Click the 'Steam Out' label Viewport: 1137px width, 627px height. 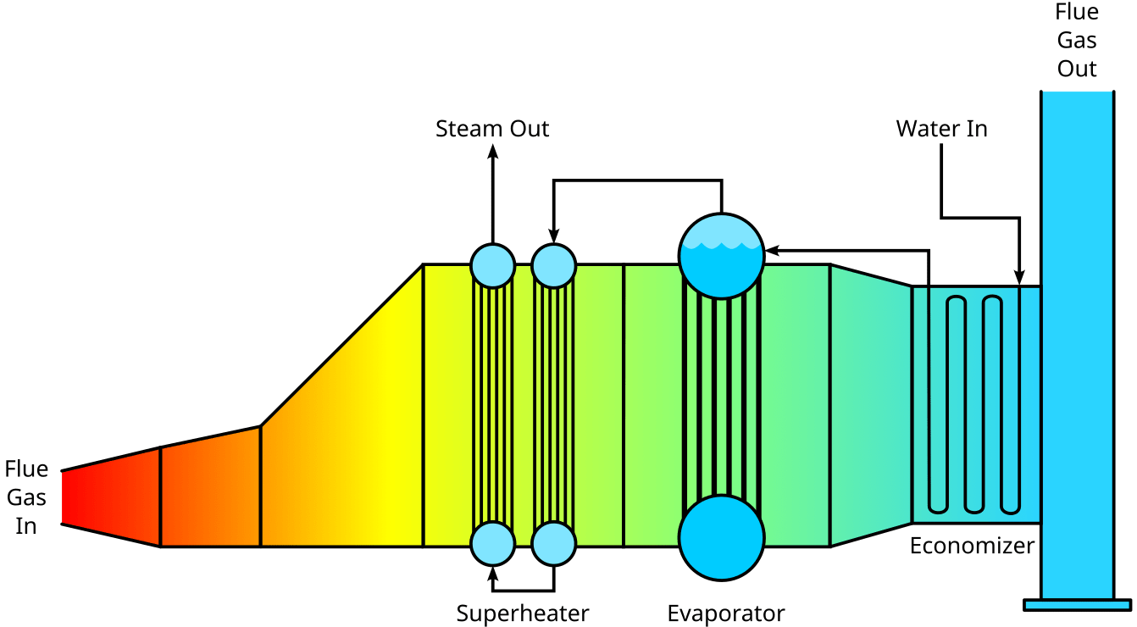[492, 129]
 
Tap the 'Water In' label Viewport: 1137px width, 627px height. [941, 129]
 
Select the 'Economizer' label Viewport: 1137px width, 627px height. [972, 546]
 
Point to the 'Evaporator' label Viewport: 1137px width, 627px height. [725, 613]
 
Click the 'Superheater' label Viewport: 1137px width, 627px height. [522, 613]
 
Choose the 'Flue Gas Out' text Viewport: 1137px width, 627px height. [1077, 40]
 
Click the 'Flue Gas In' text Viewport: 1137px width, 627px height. [26, 497]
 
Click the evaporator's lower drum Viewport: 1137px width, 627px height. [721, 537]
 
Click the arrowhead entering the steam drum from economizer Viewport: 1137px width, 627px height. [772, 251]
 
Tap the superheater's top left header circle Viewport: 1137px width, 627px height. [492, 265]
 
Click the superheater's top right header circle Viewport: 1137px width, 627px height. [554, 265]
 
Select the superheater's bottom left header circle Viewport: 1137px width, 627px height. [492, 543]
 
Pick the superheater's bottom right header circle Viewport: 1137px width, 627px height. [554, 543]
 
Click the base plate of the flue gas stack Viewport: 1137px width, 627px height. [1077, 605]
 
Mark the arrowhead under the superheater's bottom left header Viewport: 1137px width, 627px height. [492, 573]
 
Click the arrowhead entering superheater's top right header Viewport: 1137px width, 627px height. [554, 236]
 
